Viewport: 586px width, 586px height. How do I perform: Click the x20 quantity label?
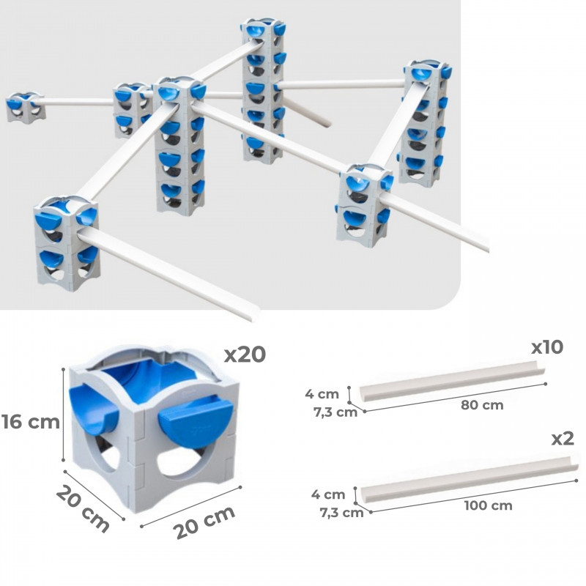(245, 355)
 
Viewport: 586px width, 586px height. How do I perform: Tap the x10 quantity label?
(547, 347)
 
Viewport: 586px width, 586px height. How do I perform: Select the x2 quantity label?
(563, 439)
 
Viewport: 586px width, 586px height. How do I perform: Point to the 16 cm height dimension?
(31, 422)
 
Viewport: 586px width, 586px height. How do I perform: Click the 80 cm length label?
(482, 405)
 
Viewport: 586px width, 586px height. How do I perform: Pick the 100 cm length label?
(488, 505)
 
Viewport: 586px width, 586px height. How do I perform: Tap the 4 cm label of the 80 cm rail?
(322, 394)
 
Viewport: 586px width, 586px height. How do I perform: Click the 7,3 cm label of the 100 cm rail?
(341, 512)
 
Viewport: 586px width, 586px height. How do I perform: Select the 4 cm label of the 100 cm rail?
(328, 494)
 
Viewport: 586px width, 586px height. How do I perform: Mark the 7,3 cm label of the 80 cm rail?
(335, 412)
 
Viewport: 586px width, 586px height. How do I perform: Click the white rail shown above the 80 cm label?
(451, 382)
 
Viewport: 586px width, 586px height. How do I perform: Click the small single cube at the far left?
(26, 108)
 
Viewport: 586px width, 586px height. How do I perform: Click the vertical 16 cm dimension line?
(64, 415)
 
